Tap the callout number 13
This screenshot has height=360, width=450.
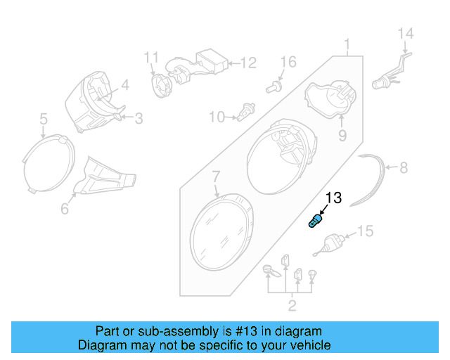[333, 198]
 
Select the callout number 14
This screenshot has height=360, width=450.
[406, 34]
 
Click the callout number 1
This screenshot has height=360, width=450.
[347, 46]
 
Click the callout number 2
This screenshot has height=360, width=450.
[292, 304]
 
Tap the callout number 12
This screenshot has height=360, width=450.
[248, 63]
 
